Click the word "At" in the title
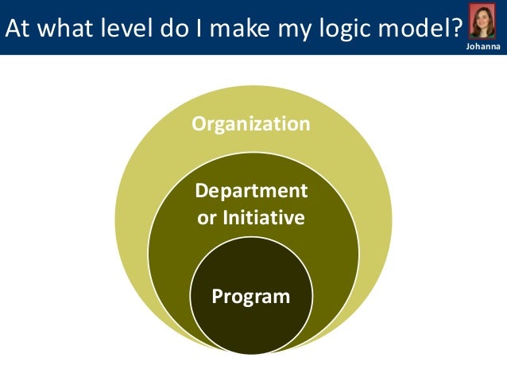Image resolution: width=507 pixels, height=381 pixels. coord(17,27)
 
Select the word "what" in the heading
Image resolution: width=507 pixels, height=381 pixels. coord(63,27)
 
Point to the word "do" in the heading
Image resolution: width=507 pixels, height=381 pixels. coord(170,27)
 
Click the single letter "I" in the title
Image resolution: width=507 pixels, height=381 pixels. coord(196,27)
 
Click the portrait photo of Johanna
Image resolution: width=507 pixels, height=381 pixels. coord(482,21)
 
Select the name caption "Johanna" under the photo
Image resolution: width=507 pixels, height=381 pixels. coord(482,49)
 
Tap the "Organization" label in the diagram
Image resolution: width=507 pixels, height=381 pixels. coord(251,124)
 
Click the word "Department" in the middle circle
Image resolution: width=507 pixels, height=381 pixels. coord(251,192)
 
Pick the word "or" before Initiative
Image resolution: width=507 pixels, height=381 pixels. coord(206,217)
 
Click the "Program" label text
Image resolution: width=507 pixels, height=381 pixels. coord(251,297)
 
